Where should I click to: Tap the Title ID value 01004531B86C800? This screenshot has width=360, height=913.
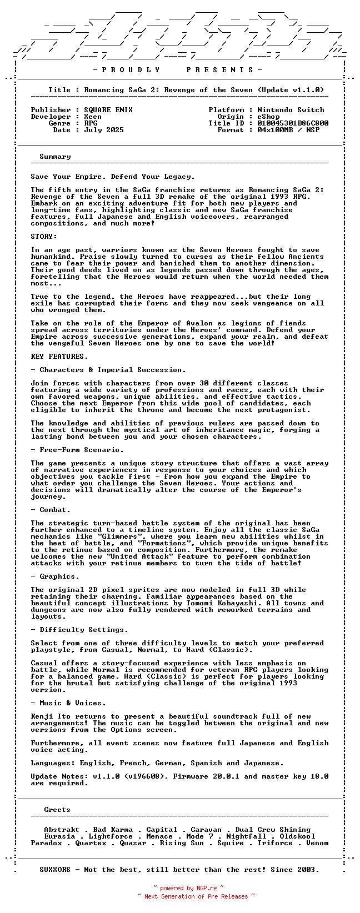coord(293,123)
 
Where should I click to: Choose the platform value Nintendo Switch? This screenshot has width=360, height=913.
coord(291,110)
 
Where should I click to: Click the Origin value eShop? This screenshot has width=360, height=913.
coord(268,117)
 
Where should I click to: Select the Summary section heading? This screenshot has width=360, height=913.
coord(55,157)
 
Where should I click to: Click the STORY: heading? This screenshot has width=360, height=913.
coord(44,237)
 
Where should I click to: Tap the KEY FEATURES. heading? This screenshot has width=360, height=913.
coord(59,357)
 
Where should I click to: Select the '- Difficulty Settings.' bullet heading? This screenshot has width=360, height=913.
coord(79,630)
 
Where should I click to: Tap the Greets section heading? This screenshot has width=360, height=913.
coord(57,810)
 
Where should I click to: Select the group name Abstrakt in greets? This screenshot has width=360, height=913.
coord(62,830)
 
